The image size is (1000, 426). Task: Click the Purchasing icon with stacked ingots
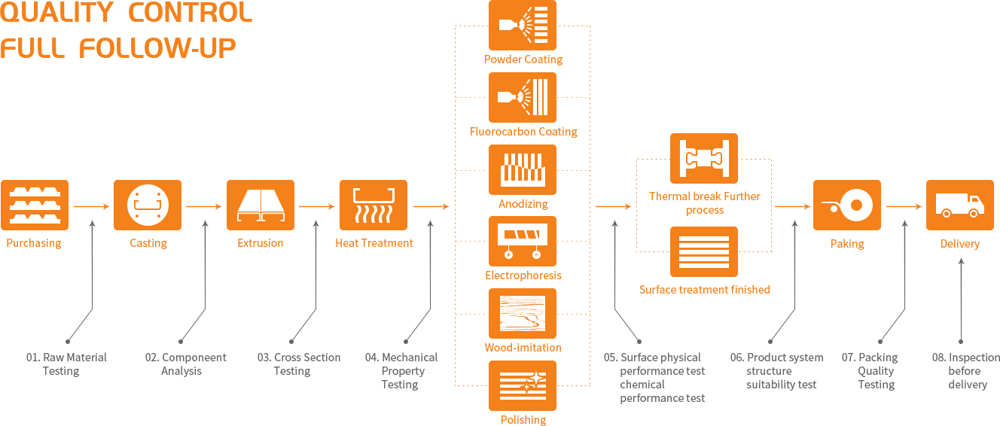[35, 204]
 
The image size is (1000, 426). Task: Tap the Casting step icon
[148, 204]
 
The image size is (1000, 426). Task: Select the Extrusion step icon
[261, 204]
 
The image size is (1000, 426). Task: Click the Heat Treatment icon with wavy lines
[373, 204]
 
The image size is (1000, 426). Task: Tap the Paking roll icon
[846, 204]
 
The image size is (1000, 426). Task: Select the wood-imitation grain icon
[523, 313]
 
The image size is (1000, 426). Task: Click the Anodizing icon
[523, 170]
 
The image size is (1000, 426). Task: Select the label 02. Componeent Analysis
[185, 364]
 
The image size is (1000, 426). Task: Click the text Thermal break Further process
[705, 203]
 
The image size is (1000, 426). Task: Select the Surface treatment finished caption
[705, 289]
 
